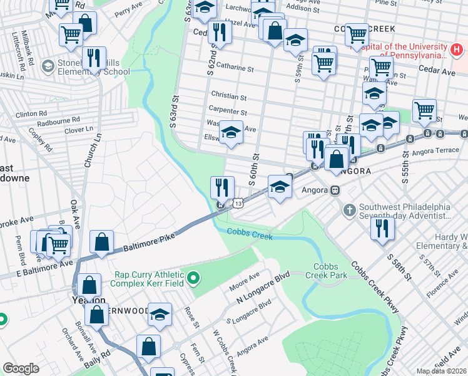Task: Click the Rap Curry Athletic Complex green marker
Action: coord(194,277)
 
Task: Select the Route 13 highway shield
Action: coord(238,203)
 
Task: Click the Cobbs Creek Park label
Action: coord(325,270)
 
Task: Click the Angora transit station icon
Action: coord(335,190)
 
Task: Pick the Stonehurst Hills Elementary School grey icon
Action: coord(47,66)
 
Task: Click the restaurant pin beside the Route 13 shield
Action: coord(221,187)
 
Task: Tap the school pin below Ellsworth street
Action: coord(231,132)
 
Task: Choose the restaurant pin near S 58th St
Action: coord(382,228)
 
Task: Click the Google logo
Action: coord(21,368)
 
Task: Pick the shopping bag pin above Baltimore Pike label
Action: coord(101,242)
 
